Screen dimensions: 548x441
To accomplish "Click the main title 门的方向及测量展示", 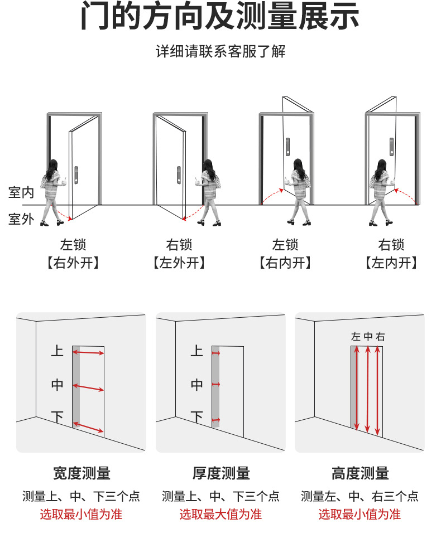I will [x=220, y=18].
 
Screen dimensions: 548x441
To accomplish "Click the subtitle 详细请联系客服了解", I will [x=220, y=52].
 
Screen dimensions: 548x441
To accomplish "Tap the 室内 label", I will [x=21, y=193].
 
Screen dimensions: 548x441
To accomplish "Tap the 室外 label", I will [x=21, y=219].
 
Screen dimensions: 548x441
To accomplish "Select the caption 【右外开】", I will [x=73, y=263].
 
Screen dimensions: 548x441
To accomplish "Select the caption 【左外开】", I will [x=179, y=263].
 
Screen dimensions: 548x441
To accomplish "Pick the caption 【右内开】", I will [x=285, y=263].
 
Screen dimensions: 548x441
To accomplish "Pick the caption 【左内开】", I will [x=391, y=263].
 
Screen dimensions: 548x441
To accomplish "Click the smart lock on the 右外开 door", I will [x=76, y=175].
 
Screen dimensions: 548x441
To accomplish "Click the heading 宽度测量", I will [x=82, y=474].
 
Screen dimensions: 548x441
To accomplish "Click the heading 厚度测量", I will [x=221, y=474].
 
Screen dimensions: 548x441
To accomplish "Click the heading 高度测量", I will [x=360, y=474].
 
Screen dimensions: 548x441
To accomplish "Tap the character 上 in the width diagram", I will [x=57, y=351].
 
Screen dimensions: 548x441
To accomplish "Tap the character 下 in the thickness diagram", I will [x=196, y=416].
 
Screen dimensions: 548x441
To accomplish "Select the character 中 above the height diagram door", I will [x=368, y=337].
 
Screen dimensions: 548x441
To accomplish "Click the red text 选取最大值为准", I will [x=220, y=514].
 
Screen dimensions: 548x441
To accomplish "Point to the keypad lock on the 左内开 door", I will [x=392, y=147].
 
